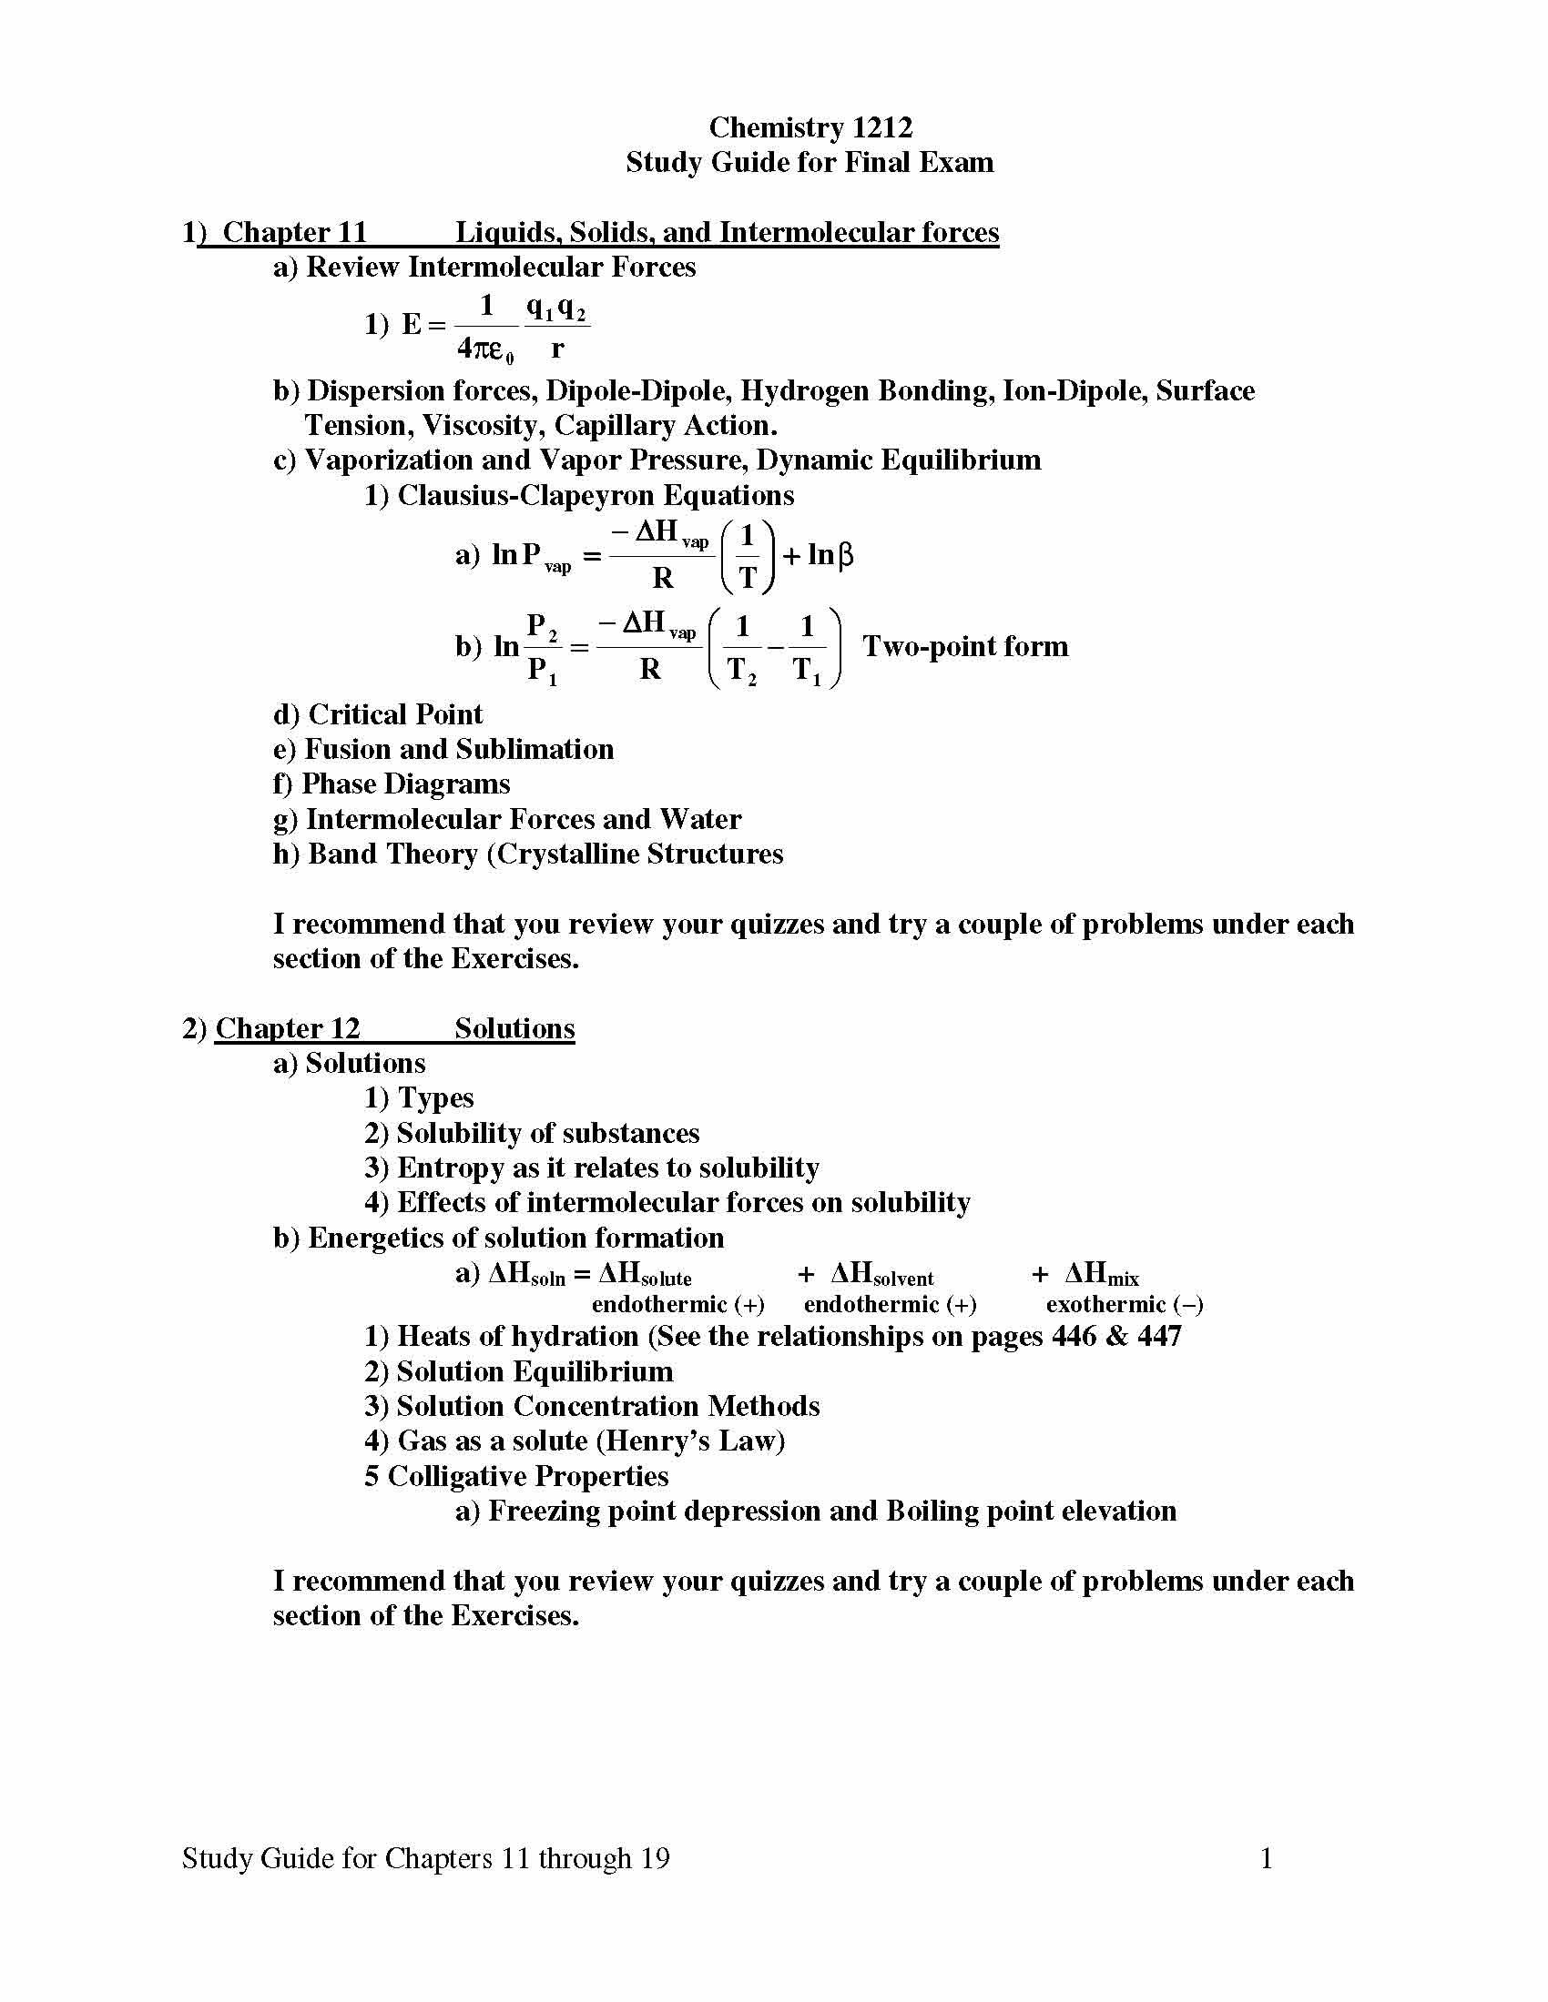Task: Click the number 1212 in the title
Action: pyautogui.click(x=881, y=127)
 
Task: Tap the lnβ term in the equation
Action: pyautogui.click(x=830, y=555)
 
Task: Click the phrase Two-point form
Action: pyautogui.click(x=964, y=646)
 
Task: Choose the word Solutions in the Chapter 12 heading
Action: pyautogui.click(x=514, y=1028)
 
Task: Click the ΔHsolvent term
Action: pyautogui.click(x=881, y=1274)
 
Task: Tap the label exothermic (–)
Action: pyautogui.click(x=1125, y=1304)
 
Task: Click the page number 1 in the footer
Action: pyautogui.click(x=1267, y=1858)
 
